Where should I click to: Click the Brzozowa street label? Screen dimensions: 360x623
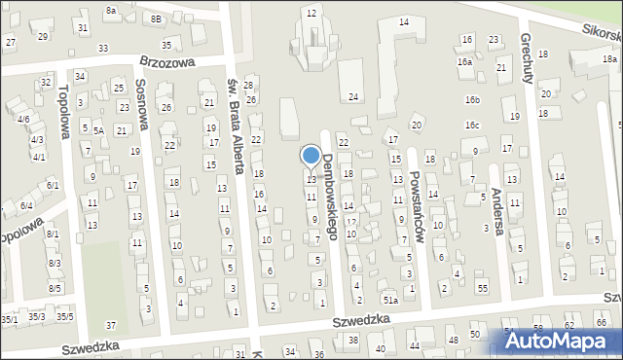[x=167, y=60]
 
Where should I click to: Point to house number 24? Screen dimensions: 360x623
[x=353, y=96]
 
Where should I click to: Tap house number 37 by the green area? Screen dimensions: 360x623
[x=111, y=324]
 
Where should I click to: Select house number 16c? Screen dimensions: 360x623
[x=472, y=126]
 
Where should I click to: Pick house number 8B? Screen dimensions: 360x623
[x=156, y=18]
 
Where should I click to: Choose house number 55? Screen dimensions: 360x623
[x=482, y=289]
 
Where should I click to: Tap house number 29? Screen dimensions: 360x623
[x=42, y=36]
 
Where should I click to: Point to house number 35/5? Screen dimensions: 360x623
[x=64, y=316]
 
